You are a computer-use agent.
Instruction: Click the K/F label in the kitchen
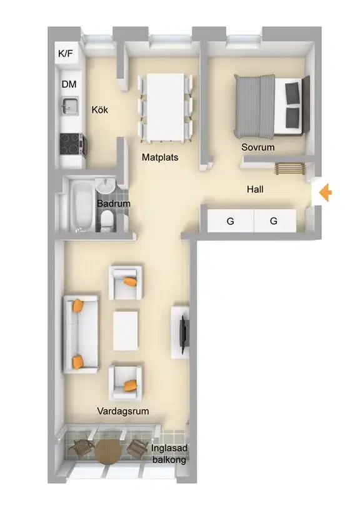(x=66, y=53)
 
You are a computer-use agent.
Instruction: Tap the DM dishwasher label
(x=69, y=84)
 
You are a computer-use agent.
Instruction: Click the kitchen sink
(x=69, y=105)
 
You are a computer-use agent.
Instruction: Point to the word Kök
(x=100, y=109)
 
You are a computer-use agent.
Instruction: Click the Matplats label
(x=160, y=157)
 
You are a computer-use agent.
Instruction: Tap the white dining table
(x=165, y=107)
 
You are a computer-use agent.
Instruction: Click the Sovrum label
(x=258, y=147)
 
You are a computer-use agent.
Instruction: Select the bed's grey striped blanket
(x=254, y=106)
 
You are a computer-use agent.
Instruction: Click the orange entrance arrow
(x=325, y=192)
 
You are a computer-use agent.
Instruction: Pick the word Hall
(x=255, y=189)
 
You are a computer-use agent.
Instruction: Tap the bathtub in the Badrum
(x=81, y=205)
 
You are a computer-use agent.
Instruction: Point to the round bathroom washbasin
(x=105, y=186)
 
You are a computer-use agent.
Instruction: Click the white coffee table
(x=125, y=331)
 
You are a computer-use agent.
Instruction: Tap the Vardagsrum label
(x=123, y=411)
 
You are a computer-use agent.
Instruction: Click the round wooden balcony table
(x=108, y=451)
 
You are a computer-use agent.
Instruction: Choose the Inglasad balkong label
(x=169, y=454)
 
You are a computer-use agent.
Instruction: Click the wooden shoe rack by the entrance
(x=291, y=168)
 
